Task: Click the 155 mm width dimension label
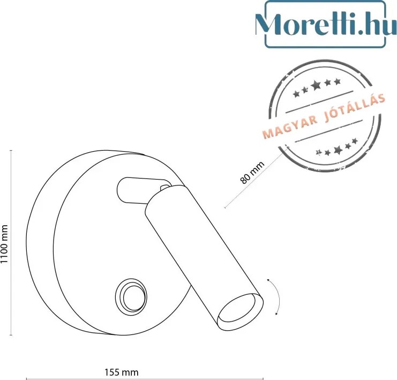pos(122,372)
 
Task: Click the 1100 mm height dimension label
pos(4,244)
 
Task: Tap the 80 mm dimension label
pos(252,172)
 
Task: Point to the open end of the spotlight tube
pos(241,311)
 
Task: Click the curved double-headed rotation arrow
pos(276,297)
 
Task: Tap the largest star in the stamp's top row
pos(316,85)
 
